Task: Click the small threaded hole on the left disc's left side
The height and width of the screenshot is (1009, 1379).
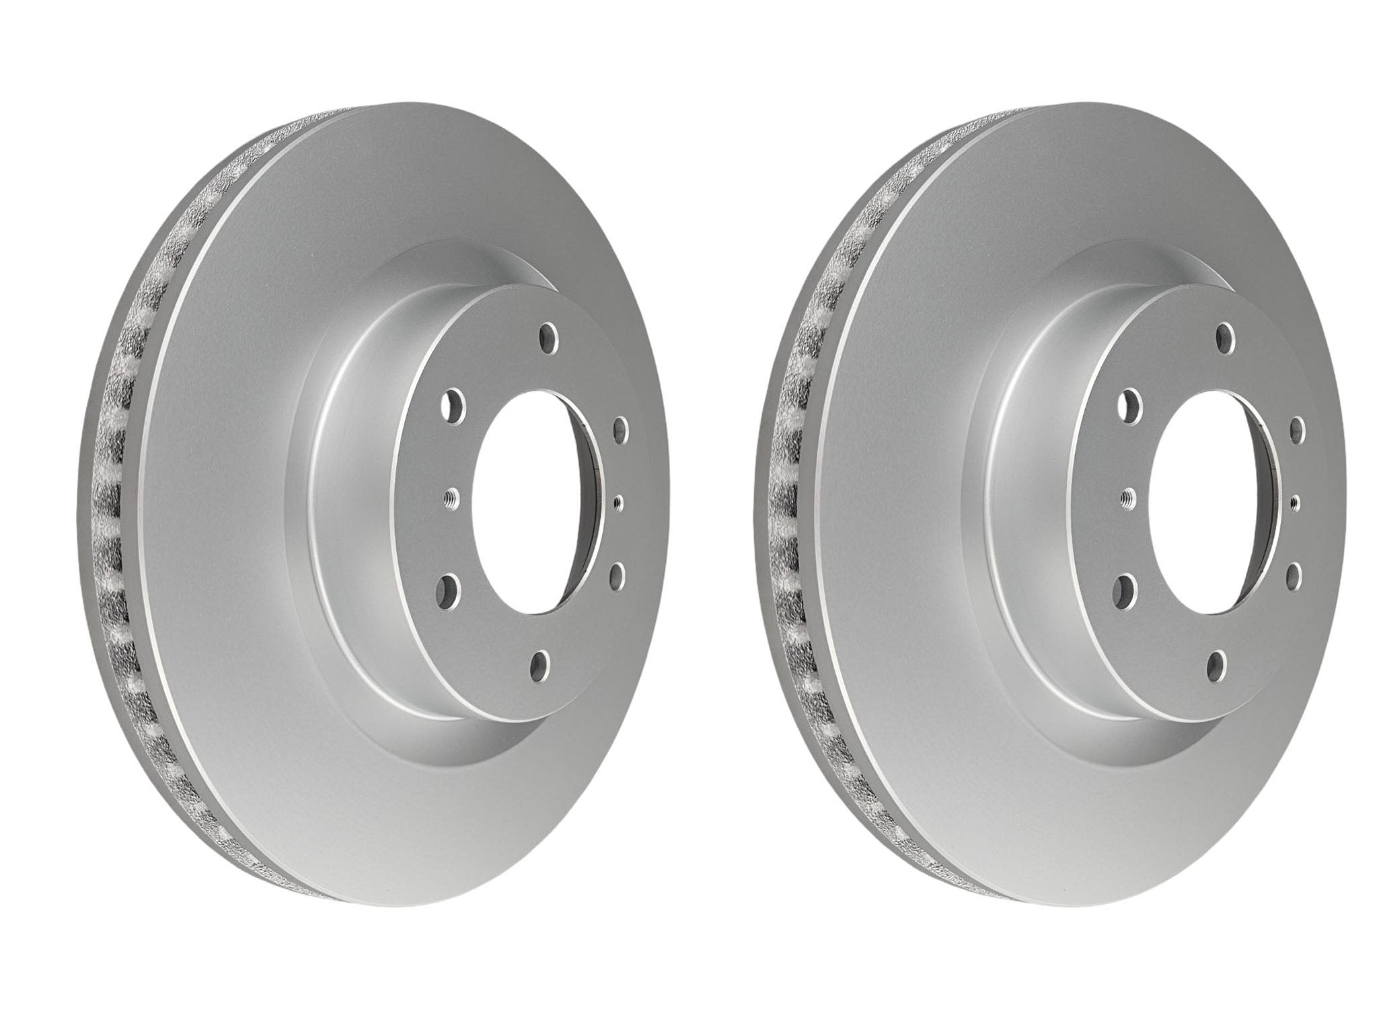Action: click(x=450, y=498)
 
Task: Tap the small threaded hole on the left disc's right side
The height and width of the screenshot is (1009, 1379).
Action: click(x=619, y=501)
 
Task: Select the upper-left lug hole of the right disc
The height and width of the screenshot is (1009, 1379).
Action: click(x=1128, y=406)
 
